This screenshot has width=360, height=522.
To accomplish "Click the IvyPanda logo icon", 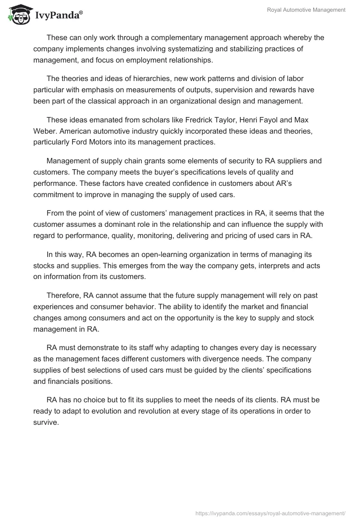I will click(18, 14).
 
